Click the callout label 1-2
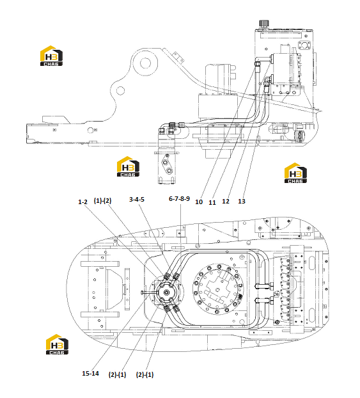point(82,202)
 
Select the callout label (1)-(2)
point(102,200)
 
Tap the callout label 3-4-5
point(137,200)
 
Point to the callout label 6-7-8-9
point(180,199)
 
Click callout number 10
point(199,202)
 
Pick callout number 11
point(212,203)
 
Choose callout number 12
point(226,202)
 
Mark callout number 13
point(242,202)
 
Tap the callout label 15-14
point(90,374)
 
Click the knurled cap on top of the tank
point(263,23)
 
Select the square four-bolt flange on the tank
point(304,46)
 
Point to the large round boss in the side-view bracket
point(145,63)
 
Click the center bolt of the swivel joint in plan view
point(167,292)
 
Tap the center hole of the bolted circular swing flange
point(217,289)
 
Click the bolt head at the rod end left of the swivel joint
point(142,292)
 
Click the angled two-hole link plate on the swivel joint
point(168,165)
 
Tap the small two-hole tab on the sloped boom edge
point(178,57)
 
